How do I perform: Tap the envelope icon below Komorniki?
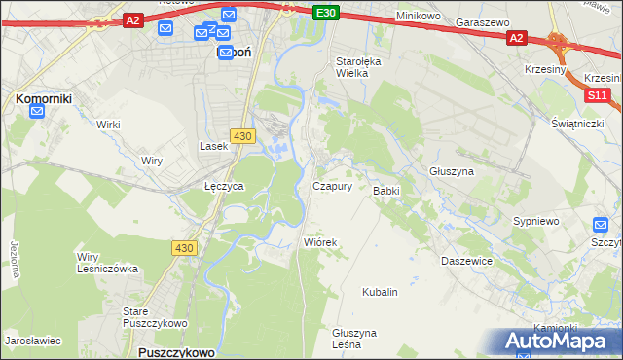[x=37, y=112]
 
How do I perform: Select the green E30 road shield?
[x=327, y=13]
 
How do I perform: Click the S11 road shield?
[x=597, y=95]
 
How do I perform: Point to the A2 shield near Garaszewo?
[x=516, y=38]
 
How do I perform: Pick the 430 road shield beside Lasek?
[x=243, y=136]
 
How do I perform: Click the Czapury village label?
[x=332, y=186]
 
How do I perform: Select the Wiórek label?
[x=320, y=242]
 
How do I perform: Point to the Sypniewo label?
[x=536, y=221]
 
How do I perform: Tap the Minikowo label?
[x=420, y=17]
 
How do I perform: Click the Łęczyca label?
[x=223, y=185]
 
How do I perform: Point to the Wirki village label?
[x=108, y=125]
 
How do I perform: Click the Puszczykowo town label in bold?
[x=176, y=350]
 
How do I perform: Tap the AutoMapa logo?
[x=560, y=341]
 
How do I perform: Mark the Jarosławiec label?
[x=33, y=341]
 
